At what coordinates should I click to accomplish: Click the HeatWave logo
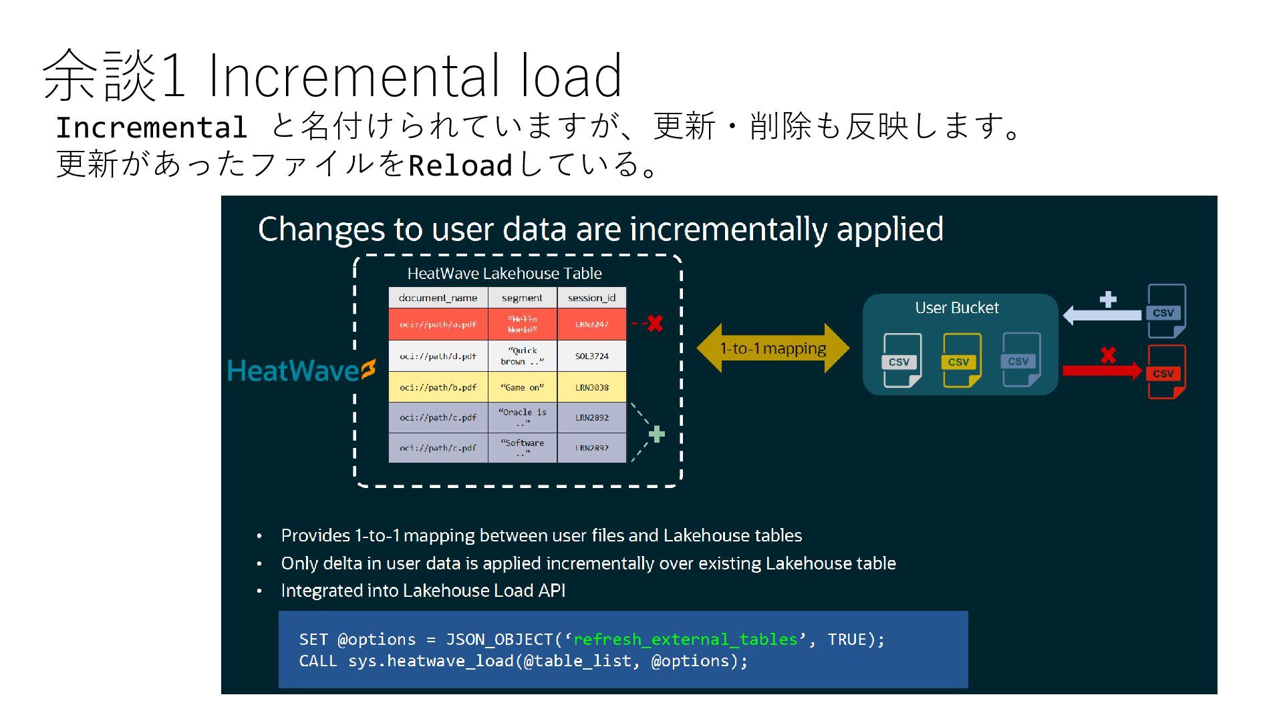(301, 371)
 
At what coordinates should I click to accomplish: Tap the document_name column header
(438, 298)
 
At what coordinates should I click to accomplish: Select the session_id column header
(591, 298)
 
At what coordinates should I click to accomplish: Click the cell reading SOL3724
(591, 356)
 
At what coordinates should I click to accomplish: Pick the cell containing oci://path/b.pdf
(438, 387)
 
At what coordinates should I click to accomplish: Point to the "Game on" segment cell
(522, 387)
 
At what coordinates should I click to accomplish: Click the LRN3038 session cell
(591, 387)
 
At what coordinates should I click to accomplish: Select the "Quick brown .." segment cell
(522, 356)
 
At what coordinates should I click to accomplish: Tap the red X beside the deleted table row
(655, 324)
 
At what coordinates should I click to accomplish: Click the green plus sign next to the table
(657, 435)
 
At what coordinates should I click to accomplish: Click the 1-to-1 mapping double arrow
(772, 348)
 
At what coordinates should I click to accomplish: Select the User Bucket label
(956, 308)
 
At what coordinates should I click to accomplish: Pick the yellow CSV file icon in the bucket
(961, 360)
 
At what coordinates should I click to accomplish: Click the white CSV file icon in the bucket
(901, 360)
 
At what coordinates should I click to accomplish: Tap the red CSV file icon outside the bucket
(1166, 372)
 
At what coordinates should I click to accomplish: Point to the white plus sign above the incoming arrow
(1108, 299)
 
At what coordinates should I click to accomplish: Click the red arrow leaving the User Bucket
(1101, 371)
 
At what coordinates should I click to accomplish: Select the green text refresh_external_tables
(685, 640)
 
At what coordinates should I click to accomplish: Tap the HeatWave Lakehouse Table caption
(505, 274)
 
